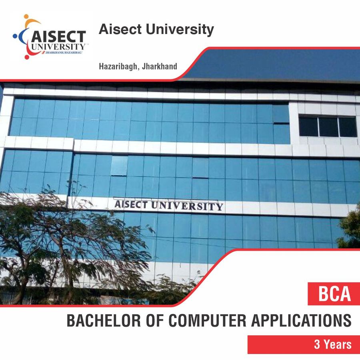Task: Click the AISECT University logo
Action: pyautogui.click(x=50, y=37)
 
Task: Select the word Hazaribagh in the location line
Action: pyautogui.click(x=116, y=66)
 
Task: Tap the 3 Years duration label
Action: pyautogui.click(x=332, y=345)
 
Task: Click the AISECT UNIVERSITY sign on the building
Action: pyautogui.click(x=168, y=205)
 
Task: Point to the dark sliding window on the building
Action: pyautogui.click(x=328, y=126)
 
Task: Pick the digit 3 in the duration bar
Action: pyautogui.click(x=317, y=345)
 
